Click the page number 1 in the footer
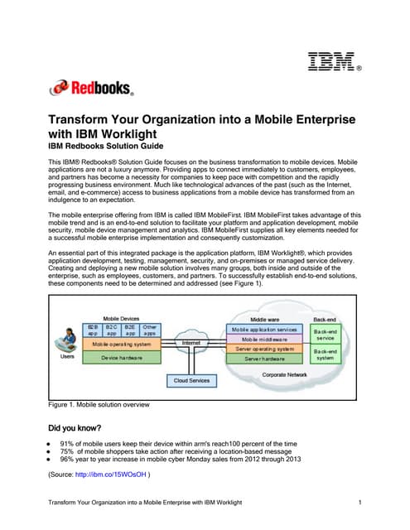coord(362,504)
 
